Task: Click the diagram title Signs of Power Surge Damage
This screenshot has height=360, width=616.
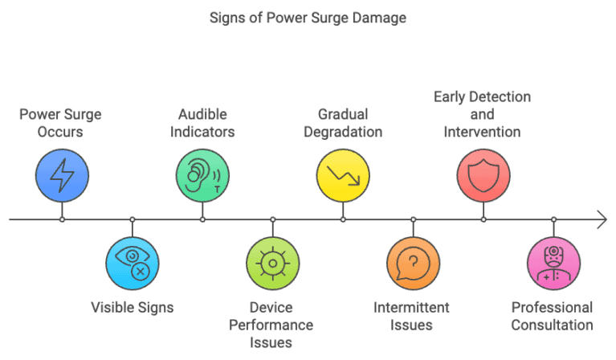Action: pyautogui.click(x=308, y=17)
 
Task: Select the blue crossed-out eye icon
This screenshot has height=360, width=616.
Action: pyautogui.click(x=133, y=263)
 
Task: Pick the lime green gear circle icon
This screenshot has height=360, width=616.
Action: pyautogui.click(x=272, y=263)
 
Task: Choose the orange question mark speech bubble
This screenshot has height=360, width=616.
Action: pyautogui.click(x=413, y=263)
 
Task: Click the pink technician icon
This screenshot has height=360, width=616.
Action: pyautogui.click(x=553, y=263)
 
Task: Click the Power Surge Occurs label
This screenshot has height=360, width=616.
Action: pyautogui.click(x=62, y=122)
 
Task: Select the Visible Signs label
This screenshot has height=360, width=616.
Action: pyautogui.click(x=133, y=308)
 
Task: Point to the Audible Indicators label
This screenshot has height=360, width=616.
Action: pyautogui.click(x=202, y=122)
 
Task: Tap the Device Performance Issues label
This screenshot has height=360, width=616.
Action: pyautogui.click(x=272, y=325)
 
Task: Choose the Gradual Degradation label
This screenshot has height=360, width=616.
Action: pyautogui.click(x=343, y=122)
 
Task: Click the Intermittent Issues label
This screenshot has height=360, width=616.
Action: pyautogui.click(x=413, y=317)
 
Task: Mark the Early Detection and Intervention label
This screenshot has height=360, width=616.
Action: pyautogui.click(x=483, y=114)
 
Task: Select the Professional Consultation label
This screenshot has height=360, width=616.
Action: pyautogui.click(x=553, y=317)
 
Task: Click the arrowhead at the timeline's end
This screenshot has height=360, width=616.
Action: pyautogui.click(x=602, y=219)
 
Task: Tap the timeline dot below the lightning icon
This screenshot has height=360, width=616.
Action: pyautogui.click(x=62, y=219)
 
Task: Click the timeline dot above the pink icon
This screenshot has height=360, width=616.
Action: pyautogui.click(x=553, y=219)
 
